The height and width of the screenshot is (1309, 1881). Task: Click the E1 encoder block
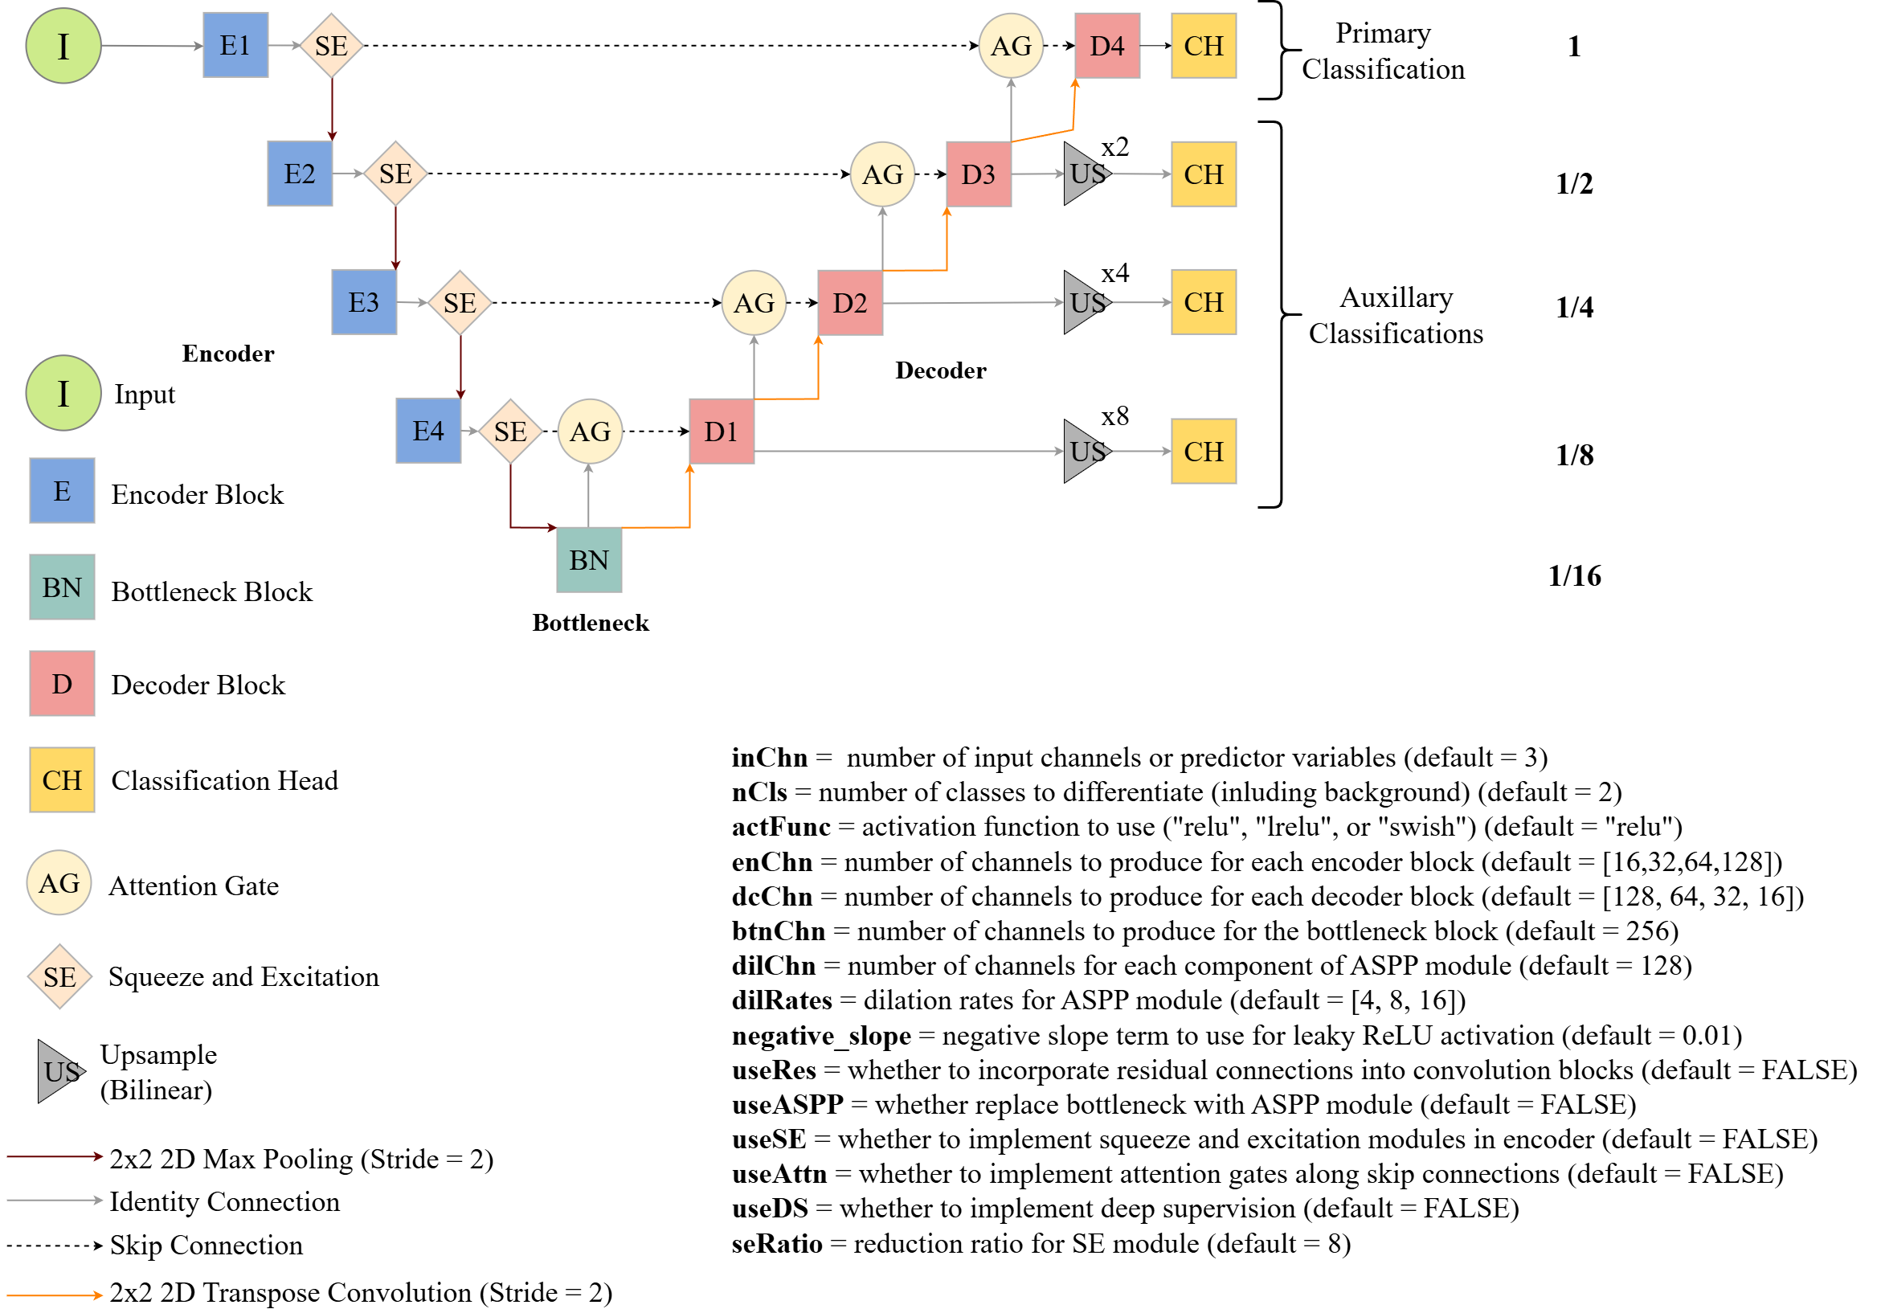[235, 45]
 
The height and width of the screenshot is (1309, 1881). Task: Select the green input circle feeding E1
[63, 46]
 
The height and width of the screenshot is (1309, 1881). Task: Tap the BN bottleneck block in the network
[588, 560]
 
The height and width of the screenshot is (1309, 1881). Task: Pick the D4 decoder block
[1106, 46]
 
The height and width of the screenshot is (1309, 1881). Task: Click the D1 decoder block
[721, 432]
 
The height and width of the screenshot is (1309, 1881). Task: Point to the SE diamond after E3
[460, 303]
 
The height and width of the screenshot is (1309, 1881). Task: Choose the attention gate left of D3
[882, 174]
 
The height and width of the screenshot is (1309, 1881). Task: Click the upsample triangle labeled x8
[1084, 452]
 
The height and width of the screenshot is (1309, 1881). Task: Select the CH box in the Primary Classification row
[1203, 46]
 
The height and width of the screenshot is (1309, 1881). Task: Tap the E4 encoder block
[428, 431]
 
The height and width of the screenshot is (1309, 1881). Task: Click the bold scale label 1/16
[1574, 576]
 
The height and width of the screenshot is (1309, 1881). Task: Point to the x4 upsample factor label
[1114, 272]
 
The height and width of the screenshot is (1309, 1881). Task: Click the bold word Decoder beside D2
[940, 370]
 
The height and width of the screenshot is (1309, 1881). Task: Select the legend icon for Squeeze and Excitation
[59, 976]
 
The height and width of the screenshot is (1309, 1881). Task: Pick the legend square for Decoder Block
[62, 684]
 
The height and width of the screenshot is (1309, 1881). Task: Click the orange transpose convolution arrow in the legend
[54, 1295]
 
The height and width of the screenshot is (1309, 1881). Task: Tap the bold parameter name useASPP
[787, 1105]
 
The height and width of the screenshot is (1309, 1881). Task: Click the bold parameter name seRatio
[777, 1243]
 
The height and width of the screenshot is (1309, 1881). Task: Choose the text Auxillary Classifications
[1395, 315]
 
